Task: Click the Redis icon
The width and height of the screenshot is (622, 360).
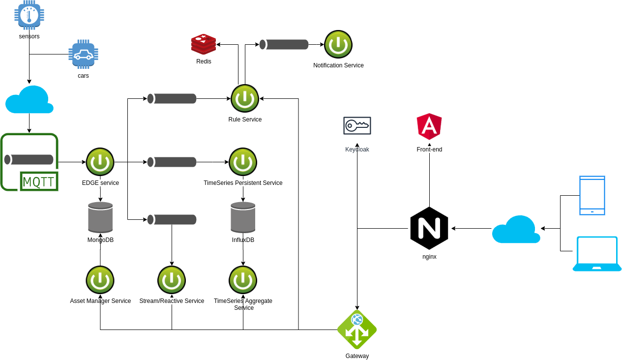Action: click(204, 44)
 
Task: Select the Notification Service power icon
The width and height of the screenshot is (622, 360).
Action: click(338, 44)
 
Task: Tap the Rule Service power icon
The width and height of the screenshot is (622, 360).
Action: click(245, 98)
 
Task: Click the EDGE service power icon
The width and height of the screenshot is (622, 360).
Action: click(100, 162)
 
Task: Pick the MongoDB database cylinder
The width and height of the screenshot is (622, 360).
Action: click(100, 217)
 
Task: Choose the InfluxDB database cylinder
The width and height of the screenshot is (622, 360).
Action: click(243, 217)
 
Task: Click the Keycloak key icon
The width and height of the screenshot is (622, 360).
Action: click(357, 126)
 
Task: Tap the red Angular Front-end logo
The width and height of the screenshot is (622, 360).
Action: click(429, 126)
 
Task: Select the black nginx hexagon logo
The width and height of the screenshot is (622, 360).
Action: click(429, 228)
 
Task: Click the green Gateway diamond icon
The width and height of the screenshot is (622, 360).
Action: click(357, 330)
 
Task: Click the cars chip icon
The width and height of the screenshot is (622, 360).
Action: click(83, 54)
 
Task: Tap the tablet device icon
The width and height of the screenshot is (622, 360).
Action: click(592, 195)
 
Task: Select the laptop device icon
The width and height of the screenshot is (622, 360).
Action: click(597, 254)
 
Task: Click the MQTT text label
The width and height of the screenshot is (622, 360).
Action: click(39, 182)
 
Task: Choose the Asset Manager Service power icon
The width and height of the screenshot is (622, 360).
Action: click(100, 280)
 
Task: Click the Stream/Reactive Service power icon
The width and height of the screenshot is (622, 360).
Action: click(172, 280)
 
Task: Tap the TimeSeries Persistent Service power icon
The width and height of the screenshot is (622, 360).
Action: click(243, 162)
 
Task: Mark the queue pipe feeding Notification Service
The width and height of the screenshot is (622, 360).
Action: click(284, 44)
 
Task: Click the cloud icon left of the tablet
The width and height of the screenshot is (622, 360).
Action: click(516, 230)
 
